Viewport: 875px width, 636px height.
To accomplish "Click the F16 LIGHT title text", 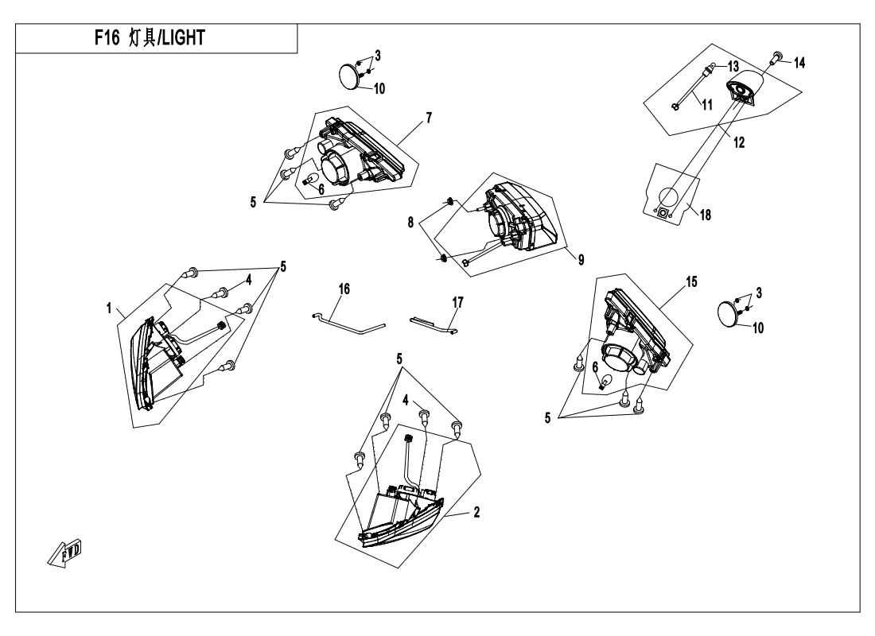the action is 150,38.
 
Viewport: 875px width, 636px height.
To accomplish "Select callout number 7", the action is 429,118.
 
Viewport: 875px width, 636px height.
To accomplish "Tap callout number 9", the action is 581,260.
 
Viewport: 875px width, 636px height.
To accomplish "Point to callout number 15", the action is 691,282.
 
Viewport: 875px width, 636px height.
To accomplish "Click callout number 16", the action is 344,289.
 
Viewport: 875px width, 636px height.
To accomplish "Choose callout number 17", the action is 457,303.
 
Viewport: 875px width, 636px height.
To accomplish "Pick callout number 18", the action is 706,215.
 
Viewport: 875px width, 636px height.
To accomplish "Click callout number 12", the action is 739,143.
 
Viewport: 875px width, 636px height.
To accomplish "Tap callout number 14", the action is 799,63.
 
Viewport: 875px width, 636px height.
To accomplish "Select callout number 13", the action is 733,67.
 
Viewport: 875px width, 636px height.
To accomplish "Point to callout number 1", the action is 110,308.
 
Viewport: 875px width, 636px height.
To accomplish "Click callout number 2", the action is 476,512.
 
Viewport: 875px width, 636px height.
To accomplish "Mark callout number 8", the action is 410,223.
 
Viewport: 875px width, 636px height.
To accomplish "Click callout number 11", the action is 708,105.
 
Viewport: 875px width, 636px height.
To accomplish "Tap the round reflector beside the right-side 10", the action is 728,313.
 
